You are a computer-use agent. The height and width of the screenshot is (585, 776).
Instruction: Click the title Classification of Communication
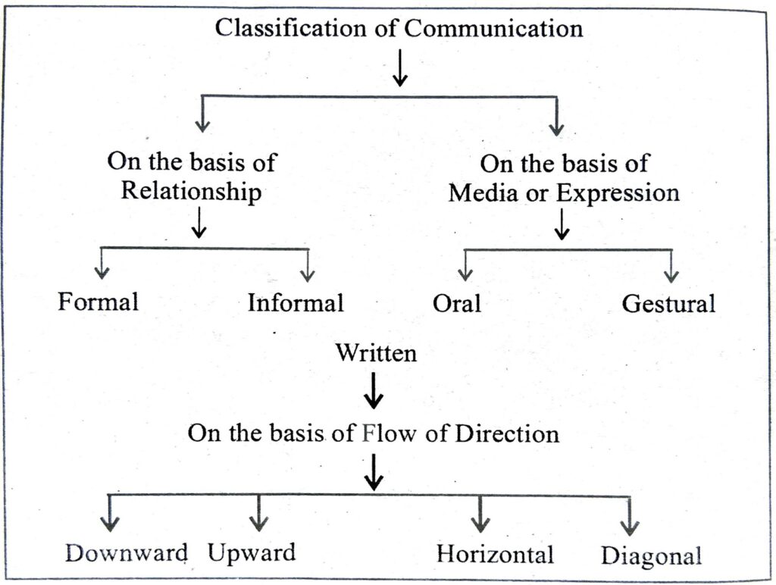pyautogui.click(x=399, y=29)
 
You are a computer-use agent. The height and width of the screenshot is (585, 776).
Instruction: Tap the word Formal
pyautogui.click(x=99, y=302)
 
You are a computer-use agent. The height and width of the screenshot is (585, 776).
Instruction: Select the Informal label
pyautogui.click(x=296, y=302)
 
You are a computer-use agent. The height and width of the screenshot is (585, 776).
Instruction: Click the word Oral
pyautogui.click(x=457, y=303)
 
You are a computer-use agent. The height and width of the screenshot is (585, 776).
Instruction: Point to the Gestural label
pyautogui.click(x=668, y=304)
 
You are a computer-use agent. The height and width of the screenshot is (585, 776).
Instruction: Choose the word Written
pyautogui.click(x=376, y=352)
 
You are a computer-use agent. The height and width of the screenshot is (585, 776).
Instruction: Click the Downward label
pyautogui.click(x=127, y=553)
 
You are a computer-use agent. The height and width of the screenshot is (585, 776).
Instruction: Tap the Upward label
pyautogui.click(x=252, y=552)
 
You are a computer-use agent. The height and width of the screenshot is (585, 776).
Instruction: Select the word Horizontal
pyautogui.click(x=495, y=554)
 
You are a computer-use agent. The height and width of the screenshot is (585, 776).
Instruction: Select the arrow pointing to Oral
pyautogui.click(x=465, y=265)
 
